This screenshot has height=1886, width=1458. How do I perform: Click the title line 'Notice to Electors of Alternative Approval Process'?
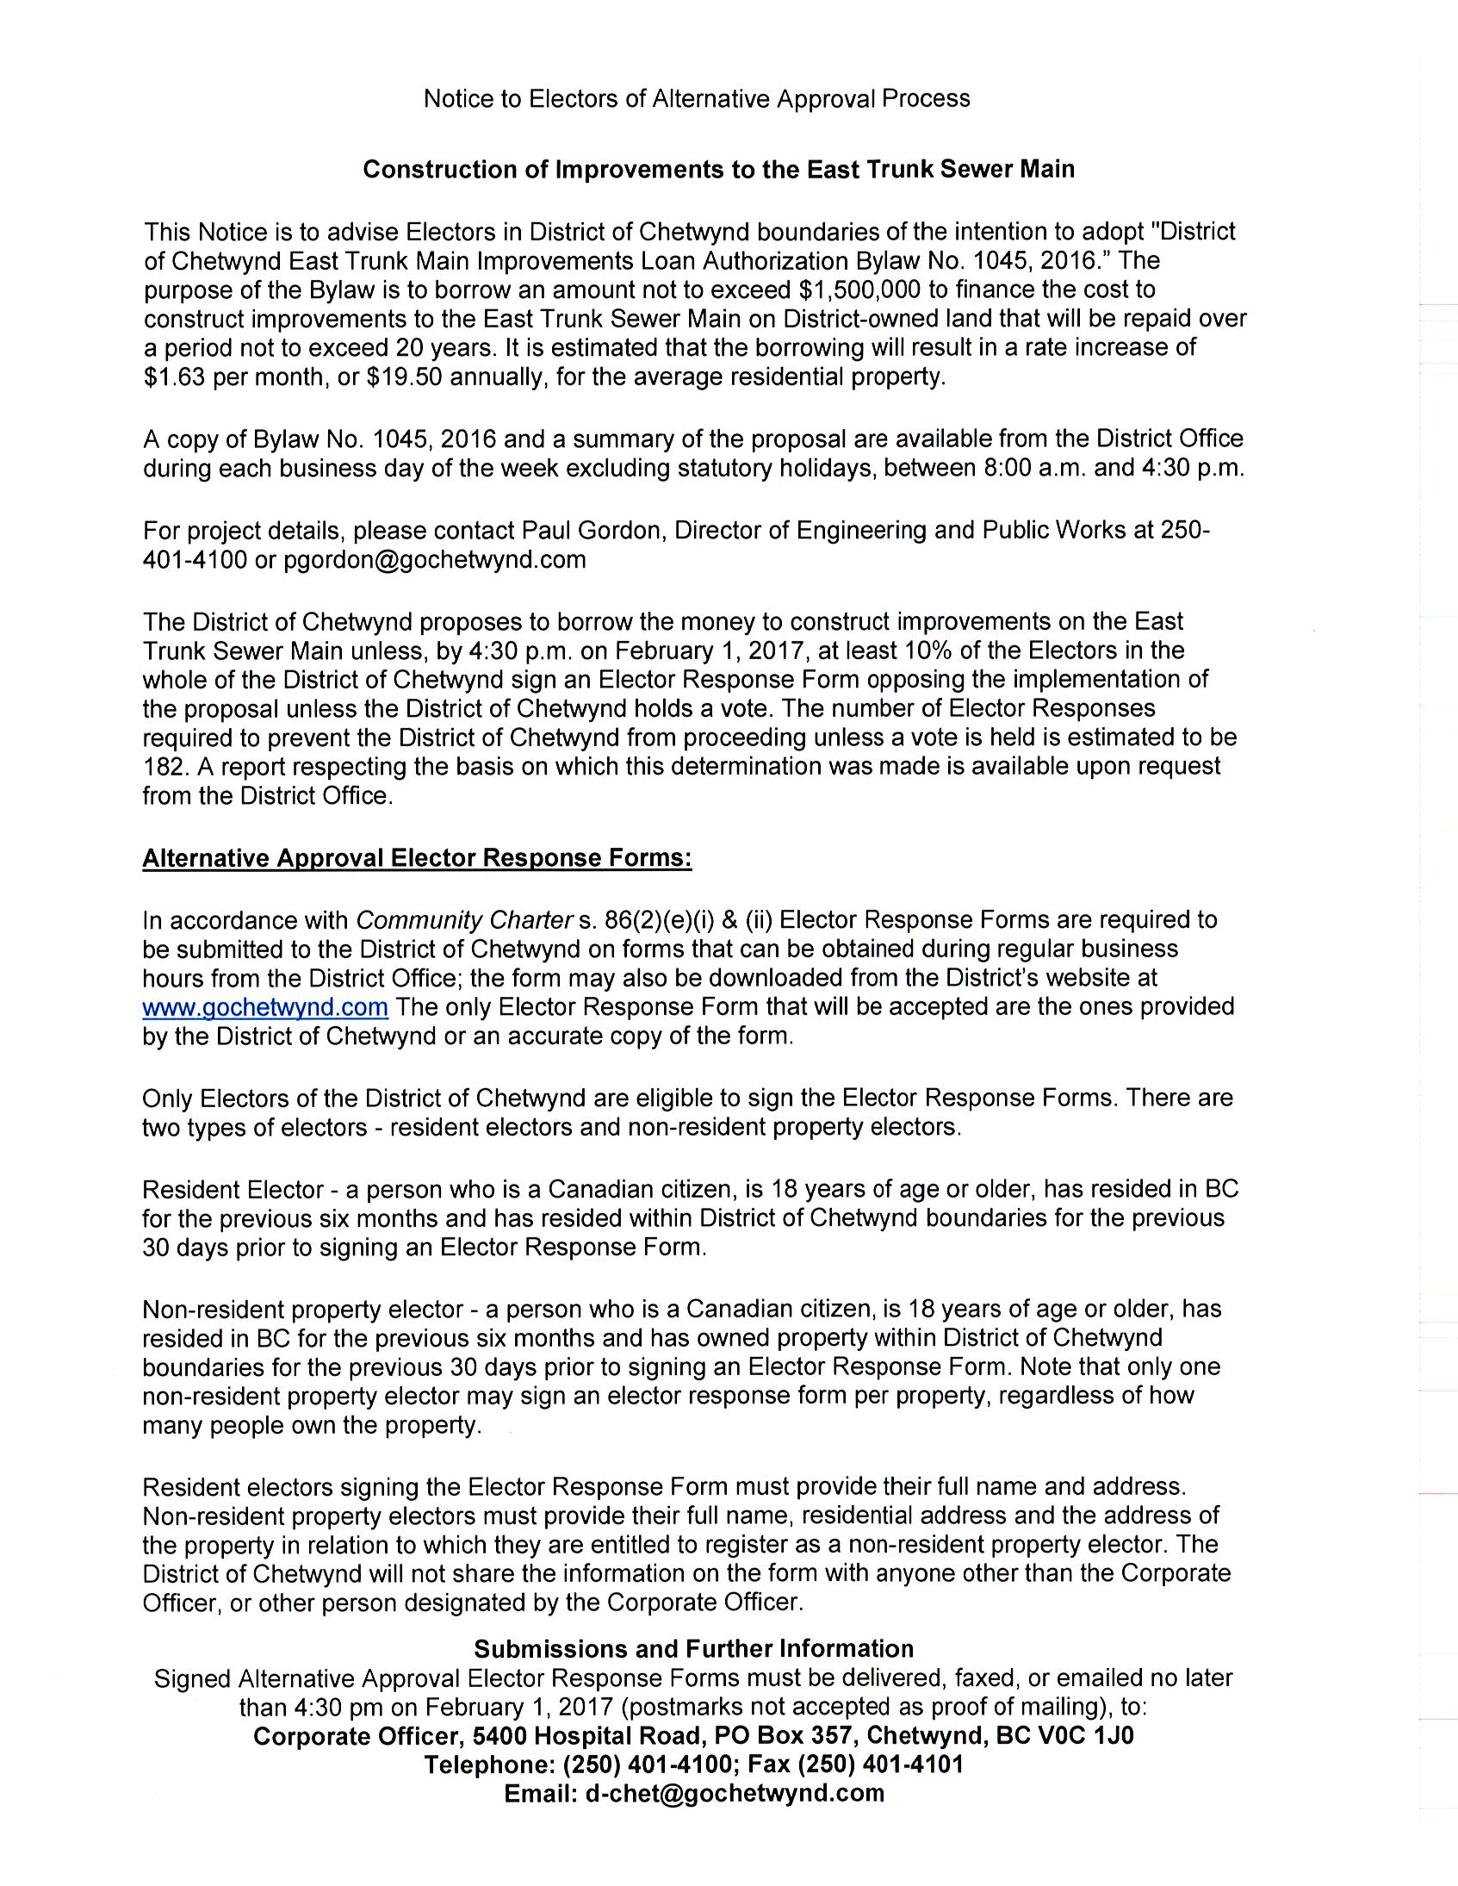click(x=697, y=99)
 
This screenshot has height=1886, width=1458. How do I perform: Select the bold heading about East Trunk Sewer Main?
click(x=718, y=169)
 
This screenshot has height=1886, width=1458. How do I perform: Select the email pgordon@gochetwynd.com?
click(x=434, y=559)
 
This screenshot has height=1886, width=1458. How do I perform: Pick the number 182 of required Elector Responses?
click(x=162, y=766)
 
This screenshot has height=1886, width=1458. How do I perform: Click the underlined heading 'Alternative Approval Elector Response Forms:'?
click(x=417, y=858)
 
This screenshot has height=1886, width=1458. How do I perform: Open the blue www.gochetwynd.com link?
click(x=265, y=1007)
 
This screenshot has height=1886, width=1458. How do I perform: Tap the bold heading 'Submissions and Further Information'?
click(x=694, y=1648)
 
